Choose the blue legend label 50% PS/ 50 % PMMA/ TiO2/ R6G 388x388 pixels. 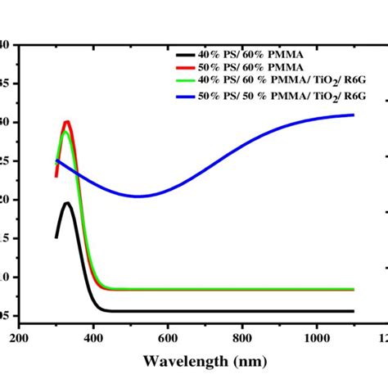tap(278, 96)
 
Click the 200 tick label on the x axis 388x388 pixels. tap(20, 336)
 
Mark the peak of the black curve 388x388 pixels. tap(67, 203)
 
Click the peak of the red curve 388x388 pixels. tap(67, 122)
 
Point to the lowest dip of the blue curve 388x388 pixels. tap(138, 196)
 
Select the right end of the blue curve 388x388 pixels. tap(354, 115)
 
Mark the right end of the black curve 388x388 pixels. tap(354, 311)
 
